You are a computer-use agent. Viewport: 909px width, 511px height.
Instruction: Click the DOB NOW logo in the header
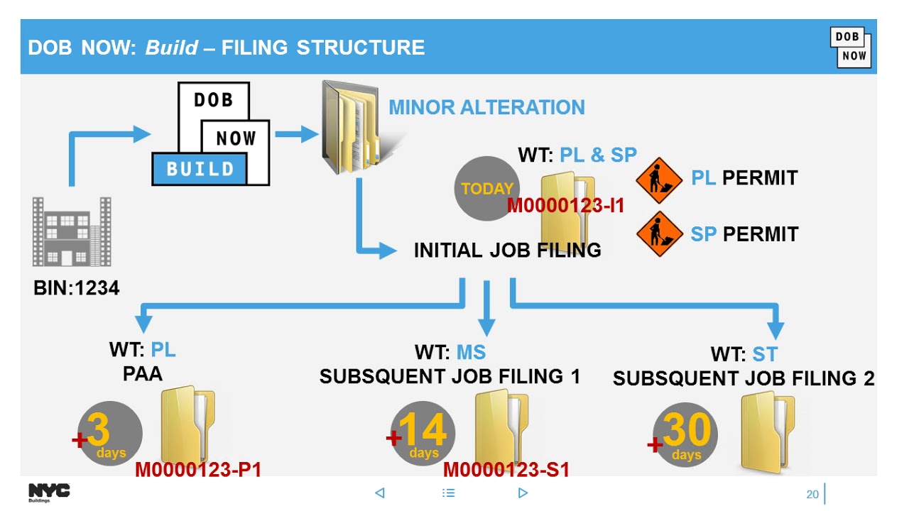850,48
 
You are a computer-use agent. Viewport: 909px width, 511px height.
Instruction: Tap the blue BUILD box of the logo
200,170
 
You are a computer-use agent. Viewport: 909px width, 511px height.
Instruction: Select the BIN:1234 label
76,288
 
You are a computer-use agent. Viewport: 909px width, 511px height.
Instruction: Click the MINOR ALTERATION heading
486,108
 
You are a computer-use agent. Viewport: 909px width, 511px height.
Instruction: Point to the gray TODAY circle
486,189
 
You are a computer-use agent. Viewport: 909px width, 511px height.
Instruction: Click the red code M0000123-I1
565,206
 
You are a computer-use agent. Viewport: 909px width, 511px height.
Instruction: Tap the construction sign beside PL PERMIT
659,180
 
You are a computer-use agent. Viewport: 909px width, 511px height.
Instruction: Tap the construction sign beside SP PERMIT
659,234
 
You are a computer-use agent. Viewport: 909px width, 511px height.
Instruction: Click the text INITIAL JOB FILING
507,251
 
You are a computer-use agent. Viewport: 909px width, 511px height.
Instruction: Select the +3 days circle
109,434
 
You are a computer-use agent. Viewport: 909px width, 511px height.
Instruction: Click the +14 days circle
423,434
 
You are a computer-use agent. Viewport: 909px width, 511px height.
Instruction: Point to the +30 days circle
685,435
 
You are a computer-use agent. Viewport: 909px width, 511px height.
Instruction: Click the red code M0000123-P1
198,470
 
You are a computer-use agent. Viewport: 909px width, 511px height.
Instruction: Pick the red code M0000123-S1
506,470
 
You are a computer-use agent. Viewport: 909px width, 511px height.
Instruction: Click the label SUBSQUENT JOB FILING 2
744,379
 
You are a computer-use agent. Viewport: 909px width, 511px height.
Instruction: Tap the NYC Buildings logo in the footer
49,492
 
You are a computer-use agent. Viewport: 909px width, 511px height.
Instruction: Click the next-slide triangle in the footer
523,493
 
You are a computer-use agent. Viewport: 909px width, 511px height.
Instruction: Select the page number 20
812,494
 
